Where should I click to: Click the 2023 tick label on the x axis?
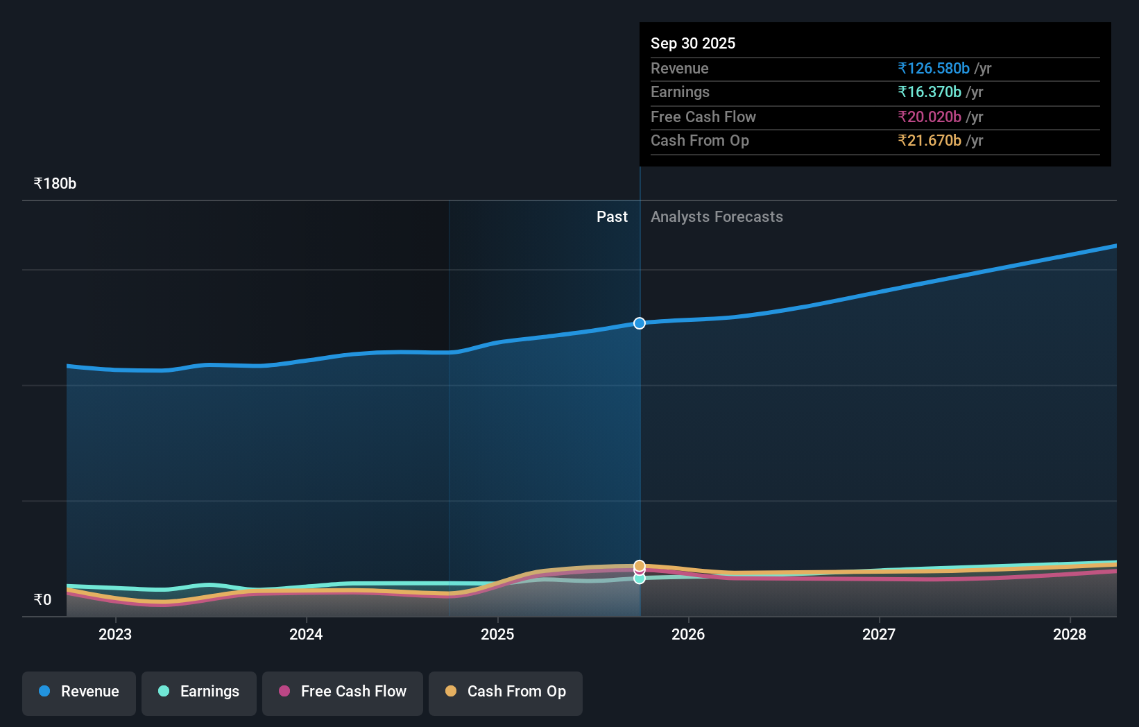click(x=115, y=634)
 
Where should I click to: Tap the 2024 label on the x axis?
click(x=306, y=634)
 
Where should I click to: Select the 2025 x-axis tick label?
click(x=497, y=634)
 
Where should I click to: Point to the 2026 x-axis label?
click(x=688, y=634)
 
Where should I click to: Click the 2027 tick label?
click(x=879, y=634)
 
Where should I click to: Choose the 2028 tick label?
click(x=1070, y=634)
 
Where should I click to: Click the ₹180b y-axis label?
click(x=55, y=184)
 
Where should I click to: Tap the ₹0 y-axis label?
click(x=42, y=599)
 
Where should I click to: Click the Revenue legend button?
click(x=79, y=692)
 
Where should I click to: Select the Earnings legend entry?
click(x=199, y=692)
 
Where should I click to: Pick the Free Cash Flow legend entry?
click(x=343, y=692)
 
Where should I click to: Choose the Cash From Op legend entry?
click(x=506, y=692)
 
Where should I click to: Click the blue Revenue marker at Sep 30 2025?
click(x=640, y=323)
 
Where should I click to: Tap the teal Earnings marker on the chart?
click(x=640, y=579)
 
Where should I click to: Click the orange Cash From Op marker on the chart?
click(x=640, y=565)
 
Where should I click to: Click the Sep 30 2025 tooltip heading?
click(x=693, y=43)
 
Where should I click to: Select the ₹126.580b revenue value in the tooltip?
click(x=933, y=68)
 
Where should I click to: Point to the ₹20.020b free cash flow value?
click(x=929, y=117)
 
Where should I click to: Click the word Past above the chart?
click(x=612, y=217)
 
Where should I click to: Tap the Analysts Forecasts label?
click(x=717, y=217)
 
